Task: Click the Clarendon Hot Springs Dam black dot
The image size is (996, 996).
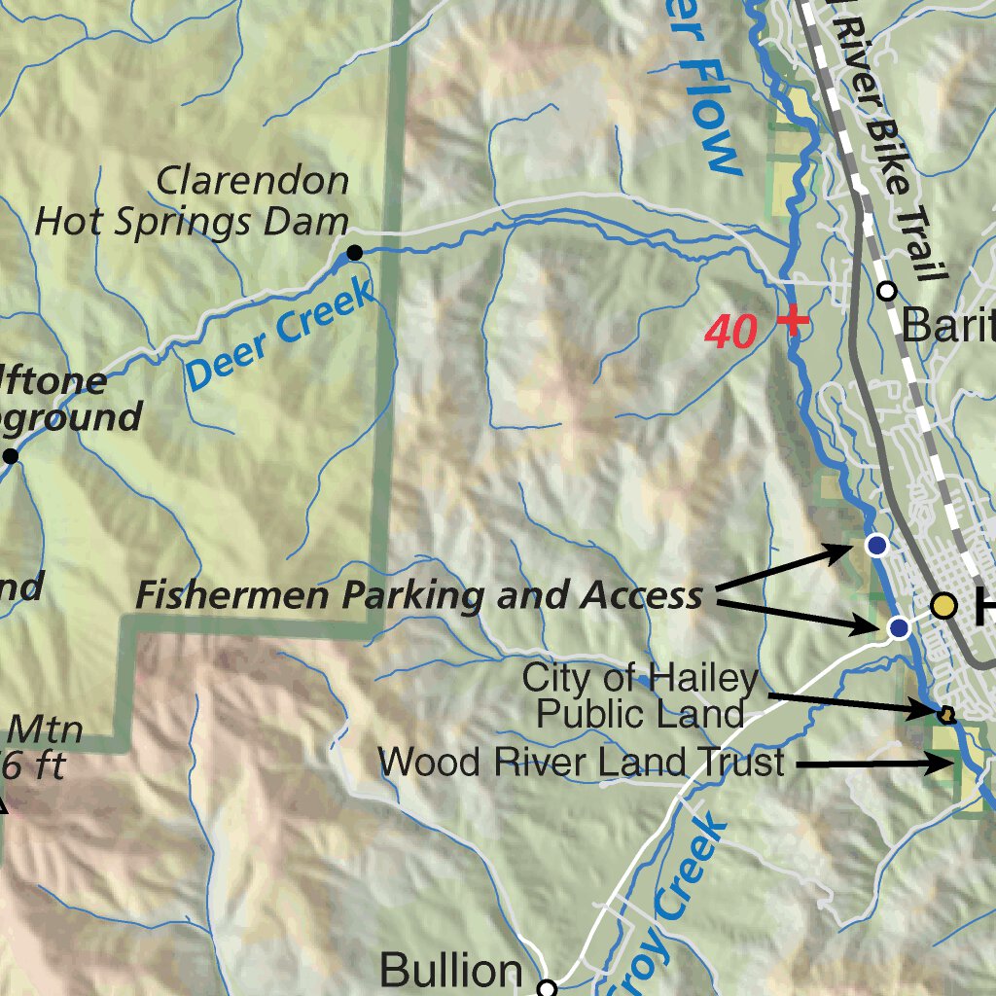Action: (x=355, y=253)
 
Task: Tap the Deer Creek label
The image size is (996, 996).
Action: (x=280, y=334)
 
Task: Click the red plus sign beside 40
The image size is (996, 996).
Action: (x=794, y=319)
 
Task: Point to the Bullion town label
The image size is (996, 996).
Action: (x=450, y=970)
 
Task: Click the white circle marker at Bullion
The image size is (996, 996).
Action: (x=548, y=988)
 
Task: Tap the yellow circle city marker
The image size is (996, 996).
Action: (x=943, y=606)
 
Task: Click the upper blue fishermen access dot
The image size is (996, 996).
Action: (x=877, y=546)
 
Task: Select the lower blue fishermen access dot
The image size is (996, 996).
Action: (x=899, y=628)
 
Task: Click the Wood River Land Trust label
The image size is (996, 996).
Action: (x=581, y=763)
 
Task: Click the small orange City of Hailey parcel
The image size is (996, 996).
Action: (x=945, y=715)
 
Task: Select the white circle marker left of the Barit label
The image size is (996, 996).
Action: (x=886, y=291)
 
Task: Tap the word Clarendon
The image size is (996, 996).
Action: (x=253, y=181)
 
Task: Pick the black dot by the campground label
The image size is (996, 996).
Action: (x=11, y=456)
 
